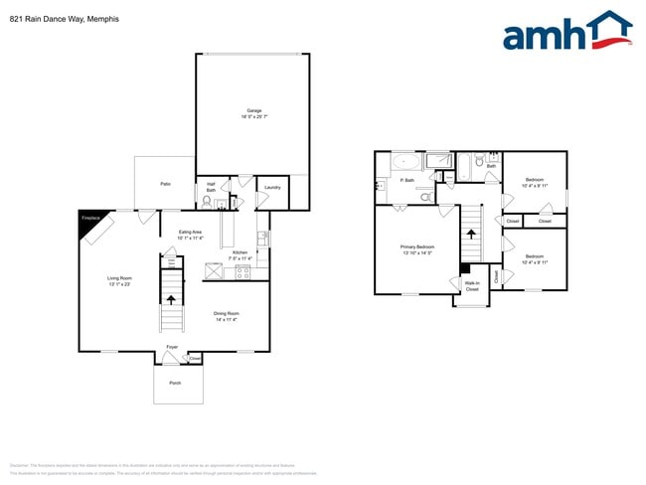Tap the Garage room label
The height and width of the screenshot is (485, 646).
252,113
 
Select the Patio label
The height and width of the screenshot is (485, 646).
165,184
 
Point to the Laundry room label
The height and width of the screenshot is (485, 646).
272,187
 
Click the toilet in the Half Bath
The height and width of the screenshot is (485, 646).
206,202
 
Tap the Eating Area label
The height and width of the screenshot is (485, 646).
190,235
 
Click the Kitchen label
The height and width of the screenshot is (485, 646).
241,255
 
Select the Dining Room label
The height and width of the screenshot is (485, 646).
227,316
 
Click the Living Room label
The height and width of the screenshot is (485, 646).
120,281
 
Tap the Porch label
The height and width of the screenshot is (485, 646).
175,383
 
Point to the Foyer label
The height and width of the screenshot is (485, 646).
172,348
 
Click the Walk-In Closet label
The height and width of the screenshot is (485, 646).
471,286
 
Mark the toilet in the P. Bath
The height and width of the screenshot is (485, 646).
424,198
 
